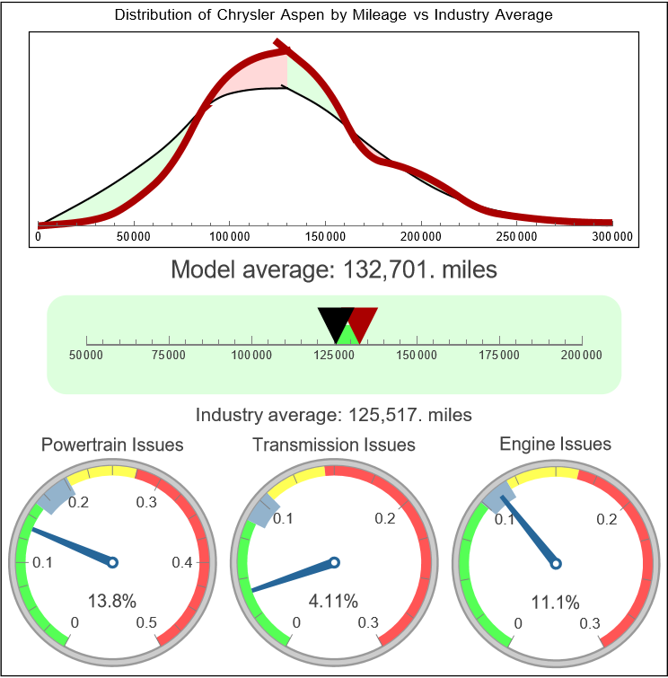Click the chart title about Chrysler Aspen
click(x=333, y=15)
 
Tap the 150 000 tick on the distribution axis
click(x=325, y=236)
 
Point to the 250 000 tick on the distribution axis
click(x=516, y=236)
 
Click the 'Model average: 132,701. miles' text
click(x=333, y=269)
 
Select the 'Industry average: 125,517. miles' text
click(x=333, y=415)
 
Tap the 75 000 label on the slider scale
click(x=169, y=356)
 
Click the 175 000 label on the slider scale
click(x=499, y=356)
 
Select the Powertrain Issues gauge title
click(x=112, y=445)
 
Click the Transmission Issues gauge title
click(x=334, y=445)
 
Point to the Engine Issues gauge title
click(x=555, y=444)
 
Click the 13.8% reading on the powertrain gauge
click(x=112, y=600)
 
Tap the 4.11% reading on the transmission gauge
click(x=334, y=600)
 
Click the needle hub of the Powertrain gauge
click(x=113, y=562)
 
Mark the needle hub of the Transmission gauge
click(x=334, y=562)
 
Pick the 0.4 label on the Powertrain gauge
click(x=182, y=563)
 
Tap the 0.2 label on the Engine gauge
click(x=606, y=519)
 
